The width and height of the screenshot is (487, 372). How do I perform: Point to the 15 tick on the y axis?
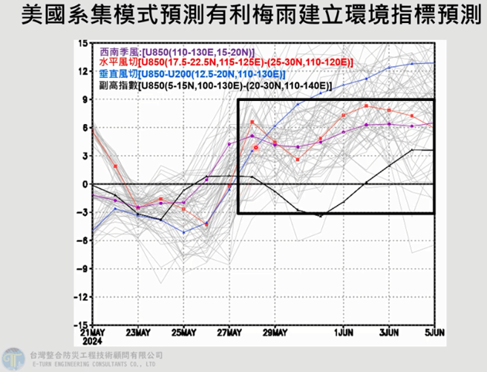point(82,43)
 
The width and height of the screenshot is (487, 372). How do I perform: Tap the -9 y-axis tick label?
point(82,269)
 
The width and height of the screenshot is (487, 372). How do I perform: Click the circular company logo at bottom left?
point(13,358)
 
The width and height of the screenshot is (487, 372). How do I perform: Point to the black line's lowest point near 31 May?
point(321,216)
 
